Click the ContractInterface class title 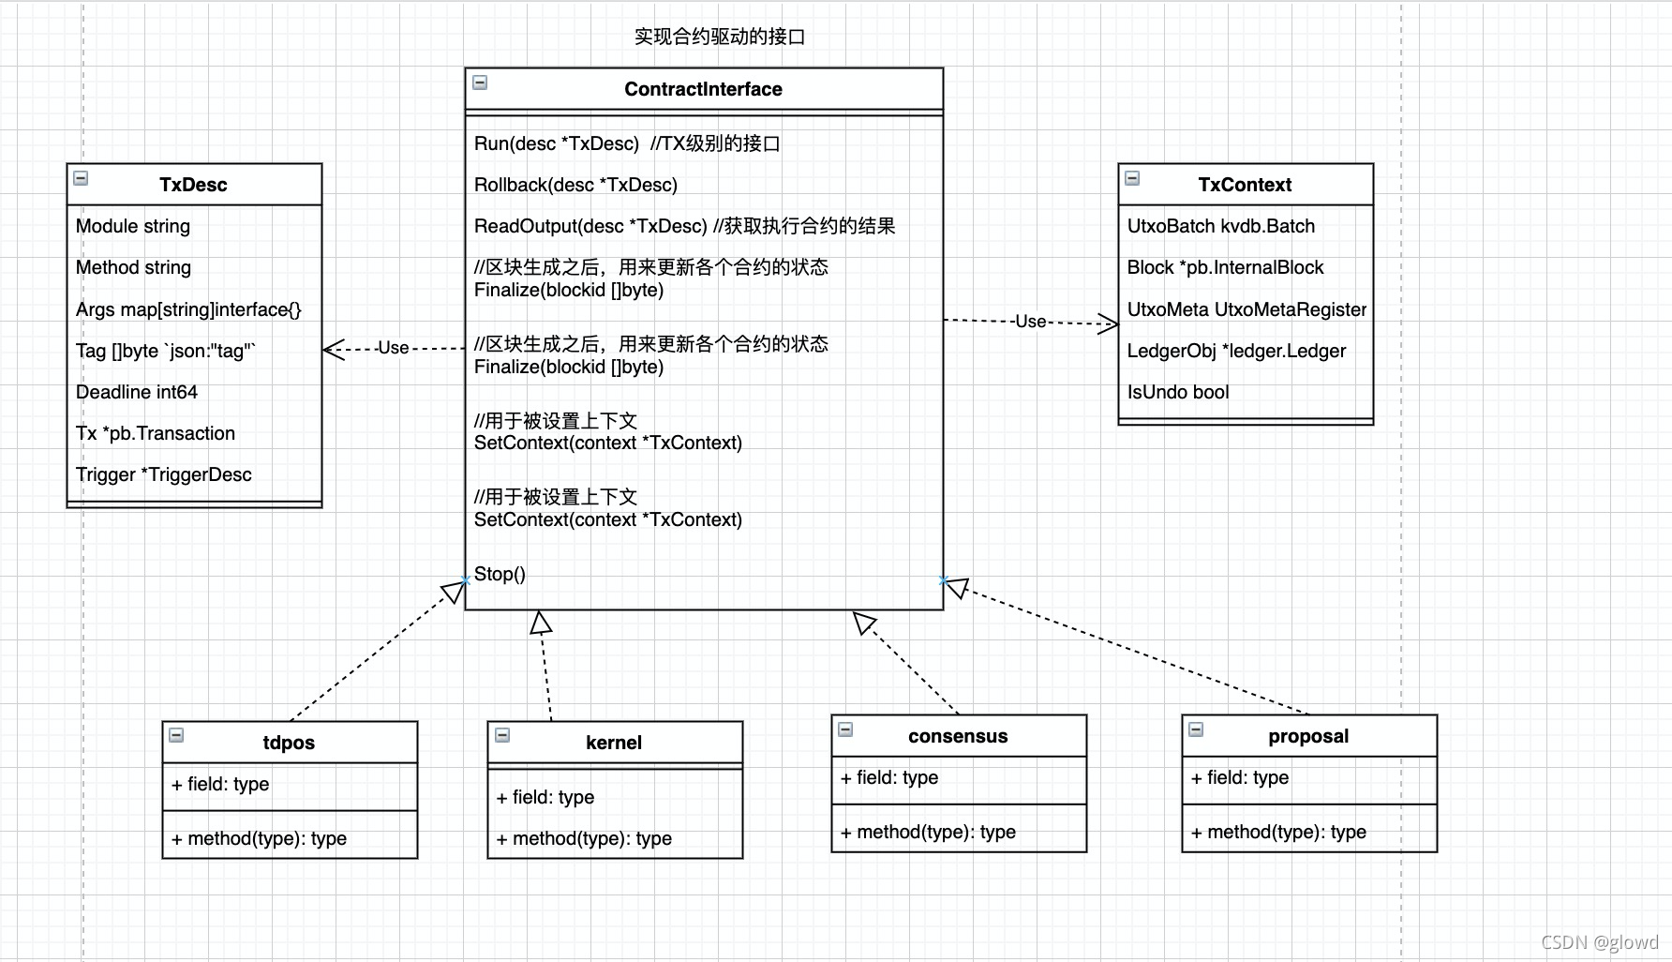coord(703,89)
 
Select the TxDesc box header coord(193,185)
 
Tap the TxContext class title coord(1245,185)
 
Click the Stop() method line coord(500,574)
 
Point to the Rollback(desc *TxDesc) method coord(575,185)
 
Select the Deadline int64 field coord(137,392)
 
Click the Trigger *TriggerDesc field coord(164,474)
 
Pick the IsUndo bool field coord(1178,392)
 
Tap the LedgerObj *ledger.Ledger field coord(1236,351)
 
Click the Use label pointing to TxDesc coord(393,348)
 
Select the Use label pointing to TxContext coord(1030,322)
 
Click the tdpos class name coord(289,743)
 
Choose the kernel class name coord(614,743)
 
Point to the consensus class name coord(958,736)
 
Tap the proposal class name coord(1308,736)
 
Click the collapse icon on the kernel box coord(502,735)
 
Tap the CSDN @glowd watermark coord(1599,942)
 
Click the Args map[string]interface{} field coord(188,309)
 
